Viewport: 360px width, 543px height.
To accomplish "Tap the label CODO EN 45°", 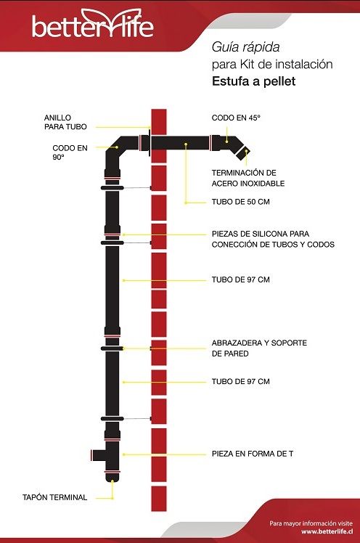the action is coord(236,118).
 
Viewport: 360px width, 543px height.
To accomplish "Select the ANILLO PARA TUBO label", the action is coord(65,122).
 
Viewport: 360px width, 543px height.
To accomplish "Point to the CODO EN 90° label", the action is coord(70,152).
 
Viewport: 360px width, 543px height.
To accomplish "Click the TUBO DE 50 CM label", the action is coord(240,202).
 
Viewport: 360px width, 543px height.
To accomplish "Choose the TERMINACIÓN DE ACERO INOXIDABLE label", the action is coord(247,178).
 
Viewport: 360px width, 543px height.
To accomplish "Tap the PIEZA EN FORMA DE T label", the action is coord(253,454).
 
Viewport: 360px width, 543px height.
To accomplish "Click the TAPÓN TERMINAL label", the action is coord(54,497).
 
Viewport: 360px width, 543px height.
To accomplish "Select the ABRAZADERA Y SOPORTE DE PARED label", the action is coord(259,348).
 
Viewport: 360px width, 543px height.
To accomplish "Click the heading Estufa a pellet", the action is coord(254,81).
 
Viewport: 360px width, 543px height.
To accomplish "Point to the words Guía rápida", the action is coord(245,47).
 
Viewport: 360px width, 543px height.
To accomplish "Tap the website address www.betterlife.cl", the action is coord(327,531).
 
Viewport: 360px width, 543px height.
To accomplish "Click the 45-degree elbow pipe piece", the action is coord(229,143).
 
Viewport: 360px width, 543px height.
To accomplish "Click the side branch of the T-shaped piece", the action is coord(97,455).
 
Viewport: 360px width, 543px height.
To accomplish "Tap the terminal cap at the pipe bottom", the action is coord(112,477).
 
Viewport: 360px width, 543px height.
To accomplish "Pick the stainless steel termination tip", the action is coord(243,152).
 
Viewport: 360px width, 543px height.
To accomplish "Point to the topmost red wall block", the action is coord(159,136).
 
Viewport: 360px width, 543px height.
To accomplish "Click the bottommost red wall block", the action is coord(159,498).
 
